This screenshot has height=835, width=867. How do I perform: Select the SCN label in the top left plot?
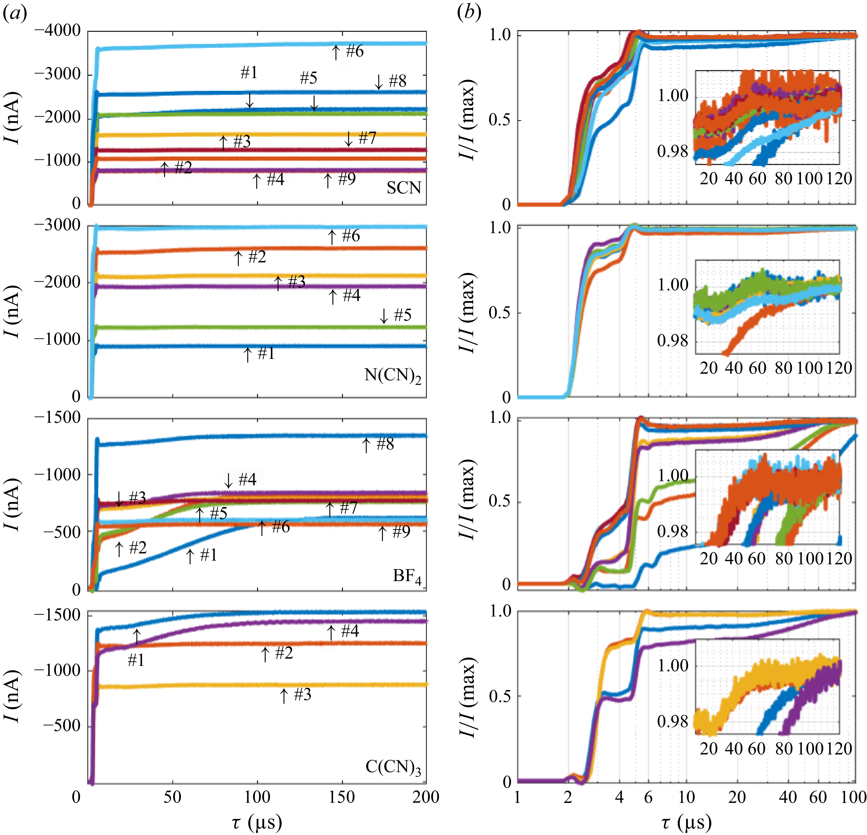[x=403, y=188]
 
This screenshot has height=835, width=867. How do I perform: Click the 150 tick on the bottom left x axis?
[x=342, y=797]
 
